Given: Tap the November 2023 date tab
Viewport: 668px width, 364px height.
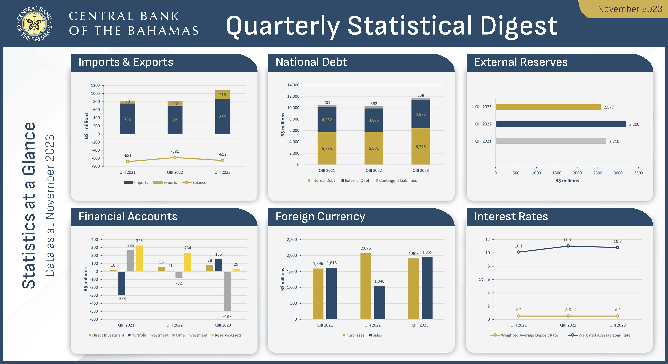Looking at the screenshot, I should point(630,9).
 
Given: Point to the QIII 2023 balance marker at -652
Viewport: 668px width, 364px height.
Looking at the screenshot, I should point(222,160).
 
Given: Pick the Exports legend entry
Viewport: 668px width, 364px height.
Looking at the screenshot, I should point(165,183).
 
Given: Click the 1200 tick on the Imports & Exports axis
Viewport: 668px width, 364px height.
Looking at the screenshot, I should point(95,85).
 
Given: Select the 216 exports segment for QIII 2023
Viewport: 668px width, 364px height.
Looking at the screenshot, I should point(222,94).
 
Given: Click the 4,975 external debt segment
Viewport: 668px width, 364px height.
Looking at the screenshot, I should point(420,114).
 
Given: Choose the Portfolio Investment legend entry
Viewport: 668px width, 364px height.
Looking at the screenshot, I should point(148,335).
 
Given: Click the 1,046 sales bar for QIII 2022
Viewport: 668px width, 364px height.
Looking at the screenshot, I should point(379,302).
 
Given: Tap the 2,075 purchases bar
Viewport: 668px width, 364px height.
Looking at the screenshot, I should point(366,286).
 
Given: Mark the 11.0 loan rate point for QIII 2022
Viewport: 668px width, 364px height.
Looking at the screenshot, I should point(568,246).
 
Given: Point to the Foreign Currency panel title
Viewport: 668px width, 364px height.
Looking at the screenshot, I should point(320,217).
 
